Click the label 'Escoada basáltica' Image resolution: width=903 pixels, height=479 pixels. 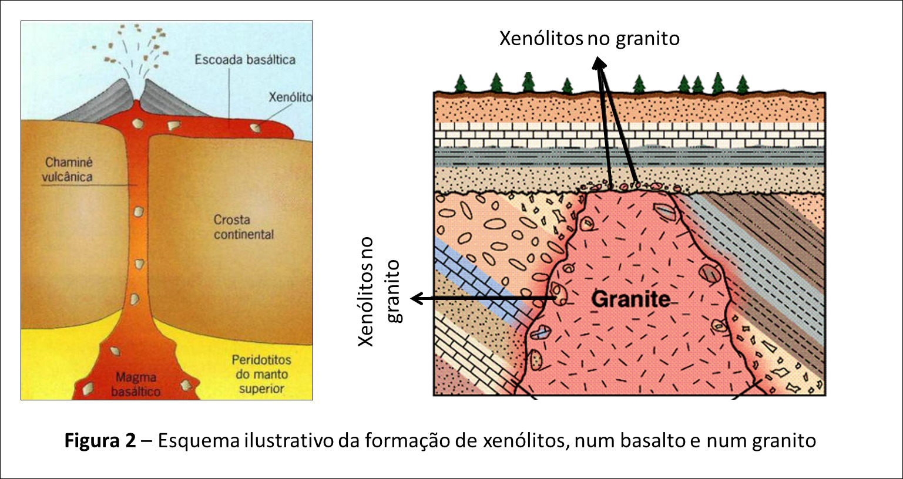pos(245,59)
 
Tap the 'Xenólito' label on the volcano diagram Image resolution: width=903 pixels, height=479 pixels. pos(290,97)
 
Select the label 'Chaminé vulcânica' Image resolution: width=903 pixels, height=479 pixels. pos(69,169)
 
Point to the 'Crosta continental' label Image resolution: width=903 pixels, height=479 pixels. pos(243,227)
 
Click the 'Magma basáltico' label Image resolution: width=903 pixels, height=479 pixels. pos(136,384)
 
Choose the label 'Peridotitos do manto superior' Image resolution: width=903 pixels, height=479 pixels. pos(261,374)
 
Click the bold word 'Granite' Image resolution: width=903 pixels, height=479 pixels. pos(630,299)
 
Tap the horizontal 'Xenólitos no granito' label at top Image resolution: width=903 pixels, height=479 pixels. pos(589,39)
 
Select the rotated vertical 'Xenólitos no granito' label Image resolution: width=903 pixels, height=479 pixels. pos(380,292)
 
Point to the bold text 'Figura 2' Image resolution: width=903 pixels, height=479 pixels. pos(100,440)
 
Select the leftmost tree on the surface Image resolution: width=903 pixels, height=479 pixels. pos(461,84)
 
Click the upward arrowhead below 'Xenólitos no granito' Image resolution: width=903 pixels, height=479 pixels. pos(599,63)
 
